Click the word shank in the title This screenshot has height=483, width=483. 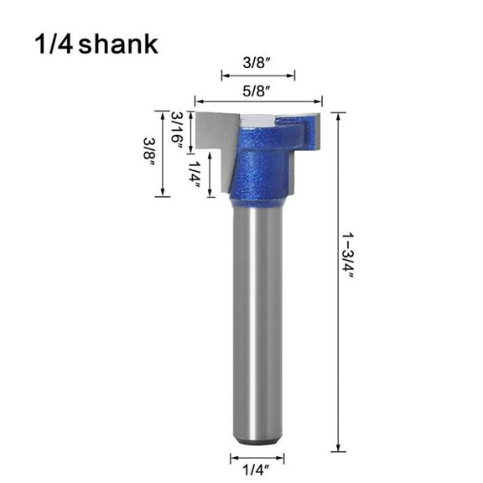coord(118,44)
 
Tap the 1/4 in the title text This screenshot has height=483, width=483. coord(52,44)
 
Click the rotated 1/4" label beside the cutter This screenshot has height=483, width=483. coord(195,178)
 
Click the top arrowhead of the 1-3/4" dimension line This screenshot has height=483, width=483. coord(338,115)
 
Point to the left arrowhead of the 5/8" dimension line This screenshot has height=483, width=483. coord(198,98)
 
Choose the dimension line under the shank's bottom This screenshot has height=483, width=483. coord(257,458)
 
